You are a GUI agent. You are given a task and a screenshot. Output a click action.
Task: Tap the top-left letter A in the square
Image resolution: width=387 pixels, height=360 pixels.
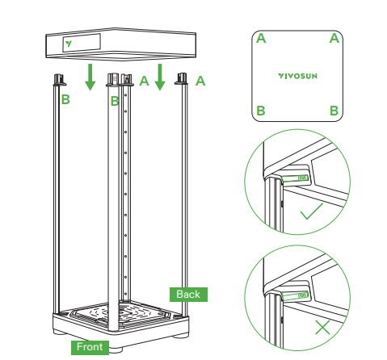(261, 38)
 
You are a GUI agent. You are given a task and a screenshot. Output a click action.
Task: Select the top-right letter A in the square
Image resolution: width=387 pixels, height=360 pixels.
(334, 38)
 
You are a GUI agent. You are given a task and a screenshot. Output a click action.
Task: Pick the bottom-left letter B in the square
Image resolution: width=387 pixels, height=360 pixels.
(261, 110)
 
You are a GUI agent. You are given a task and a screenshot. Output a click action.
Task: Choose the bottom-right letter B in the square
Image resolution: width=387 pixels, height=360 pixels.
(334, 110)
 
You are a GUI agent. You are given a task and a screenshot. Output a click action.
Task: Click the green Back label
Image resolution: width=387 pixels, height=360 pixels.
(187, 294)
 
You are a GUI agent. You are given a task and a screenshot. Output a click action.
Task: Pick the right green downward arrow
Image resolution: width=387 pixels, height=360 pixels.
(160, 77)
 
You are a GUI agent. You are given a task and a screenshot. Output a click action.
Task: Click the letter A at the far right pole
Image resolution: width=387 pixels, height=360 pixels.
(200, 81)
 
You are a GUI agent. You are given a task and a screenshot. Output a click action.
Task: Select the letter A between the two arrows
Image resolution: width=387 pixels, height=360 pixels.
(144, 81)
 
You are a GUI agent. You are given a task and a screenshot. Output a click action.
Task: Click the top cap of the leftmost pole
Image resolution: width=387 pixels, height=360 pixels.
(58, 80)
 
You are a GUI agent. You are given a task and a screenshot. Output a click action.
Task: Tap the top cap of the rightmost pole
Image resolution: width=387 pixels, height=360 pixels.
(183, 80)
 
